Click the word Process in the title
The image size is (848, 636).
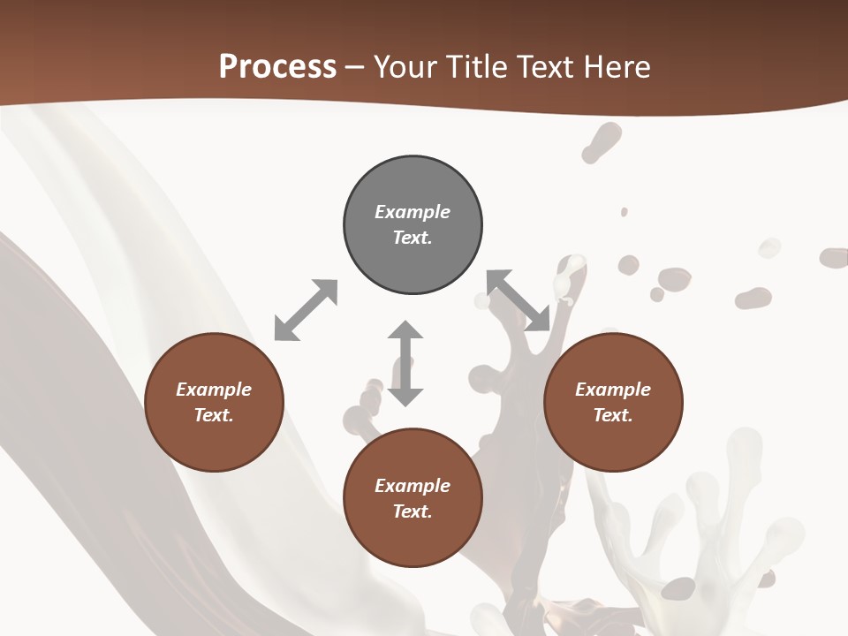[277, 67]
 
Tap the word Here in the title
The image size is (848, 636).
[617, 67]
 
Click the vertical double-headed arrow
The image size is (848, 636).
[405, 363]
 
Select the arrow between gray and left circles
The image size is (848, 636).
[306, 310]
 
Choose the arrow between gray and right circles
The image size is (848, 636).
[519, 301]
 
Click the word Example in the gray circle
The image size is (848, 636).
[413, 212]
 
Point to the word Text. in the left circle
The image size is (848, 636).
[214, 415]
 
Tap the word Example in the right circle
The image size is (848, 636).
[613, 390]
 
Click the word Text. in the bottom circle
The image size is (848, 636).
[413, 511]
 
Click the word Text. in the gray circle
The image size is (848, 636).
[413, 238]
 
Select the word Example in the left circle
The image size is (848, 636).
[214, 390]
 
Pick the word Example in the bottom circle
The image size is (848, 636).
[413, 486]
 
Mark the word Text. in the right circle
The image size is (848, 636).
[613, 415]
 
